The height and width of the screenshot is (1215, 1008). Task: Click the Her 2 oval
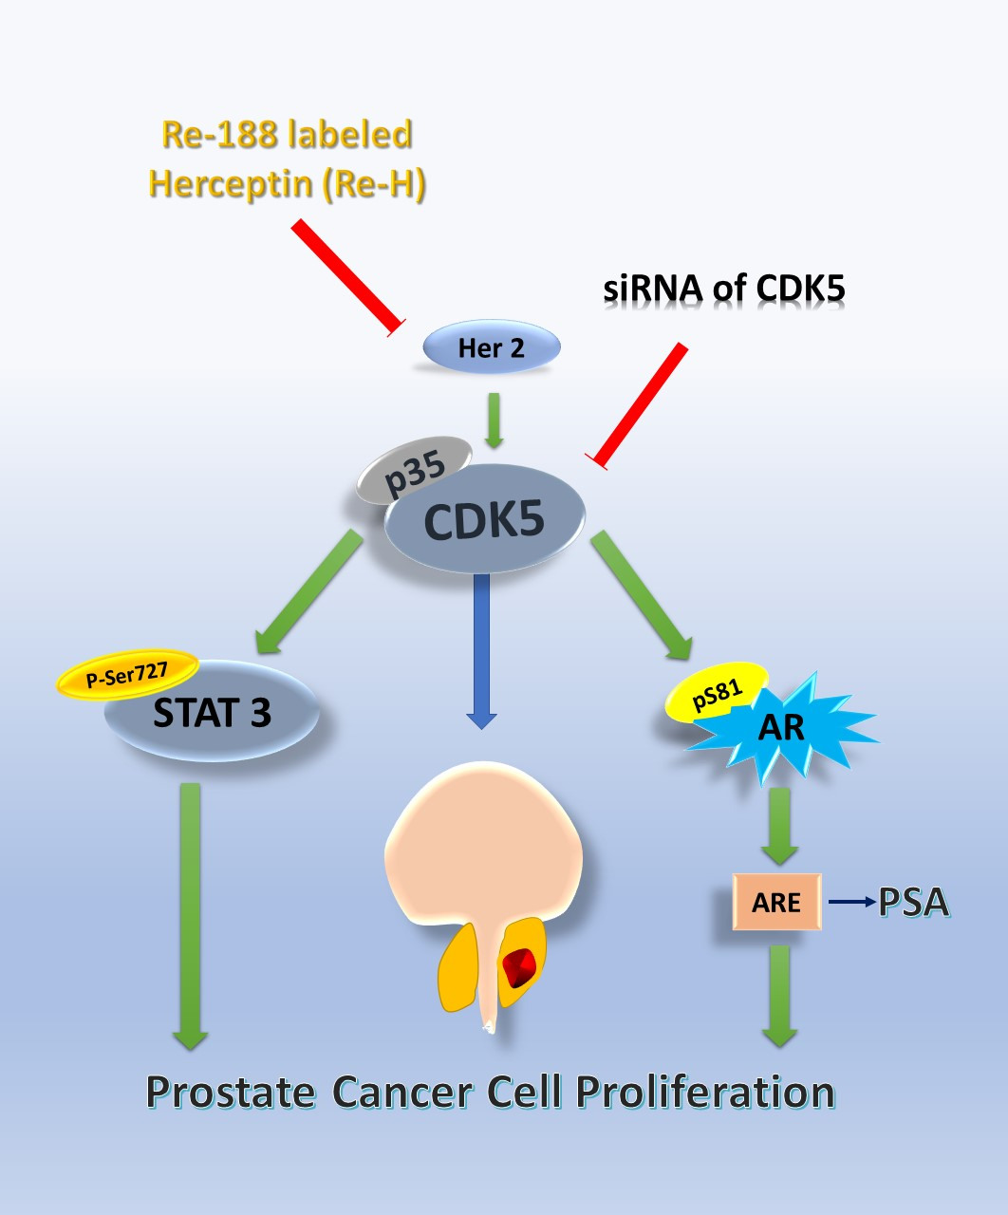491,347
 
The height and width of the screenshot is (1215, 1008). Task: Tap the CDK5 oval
484,520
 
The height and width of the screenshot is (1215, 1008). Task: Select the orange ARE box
776,902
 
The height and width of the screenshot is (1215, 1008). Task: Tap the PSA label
913,902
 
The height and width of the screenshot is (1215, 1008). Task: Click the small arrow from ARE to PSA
851,902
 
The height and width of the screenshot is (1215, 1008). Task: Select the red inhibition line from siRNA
640,403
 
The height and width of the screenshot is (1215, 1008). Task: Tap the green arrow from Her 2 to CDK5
493,419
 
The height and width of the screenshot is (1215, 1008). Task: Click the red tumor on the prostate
520,966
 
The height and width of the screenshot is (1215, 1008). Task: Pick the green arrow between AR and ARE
779,825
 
